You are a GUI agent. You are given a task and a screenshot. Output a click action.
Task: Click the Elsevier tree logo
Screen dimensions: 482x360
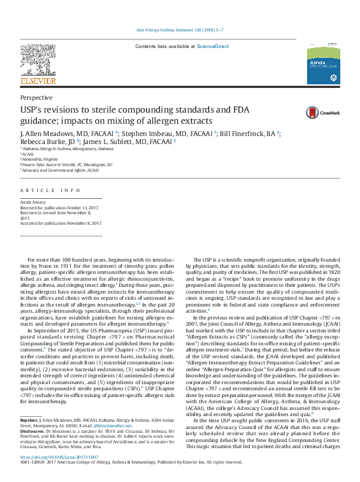38,60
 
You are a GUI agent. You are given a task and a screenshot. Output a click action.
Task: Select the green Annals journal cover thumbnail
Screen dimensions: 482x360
323,62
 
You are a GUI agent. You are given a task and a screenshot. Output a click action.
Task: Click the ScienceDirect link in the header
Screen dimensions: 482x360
212,46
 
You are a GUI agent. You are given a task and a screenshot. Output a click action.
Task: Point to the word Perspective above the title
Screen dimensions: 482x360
36,97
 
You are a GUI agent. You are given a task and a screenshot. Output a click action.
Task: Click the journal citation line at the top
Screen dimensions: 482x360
180,30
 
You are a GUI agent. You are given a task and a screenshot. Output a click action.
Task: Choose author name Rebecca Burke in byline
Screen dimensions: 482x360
41,142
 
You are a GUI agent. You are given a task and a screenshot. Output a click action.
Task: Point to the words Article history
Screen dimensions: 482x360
33,202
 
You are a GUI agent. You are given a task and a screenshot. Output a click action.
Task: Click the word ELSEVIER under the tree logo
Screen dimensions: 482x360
38,81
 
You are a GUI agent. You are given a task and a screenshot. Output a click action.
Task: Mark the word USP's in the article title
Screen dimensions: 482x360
33,110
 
